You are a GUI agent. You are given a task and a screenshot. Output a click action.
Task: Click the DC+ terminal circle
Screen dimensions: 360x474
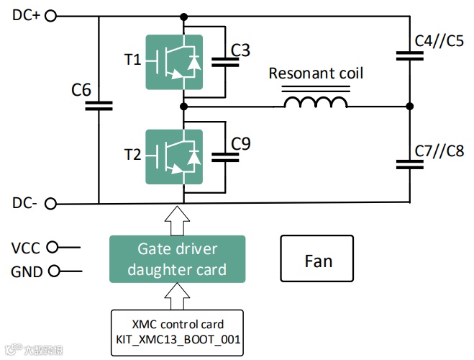click(x=50, y=16)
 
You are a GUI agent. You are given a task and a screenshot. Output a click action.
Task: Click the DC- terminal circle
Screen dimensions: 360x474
click(x=50, y=204)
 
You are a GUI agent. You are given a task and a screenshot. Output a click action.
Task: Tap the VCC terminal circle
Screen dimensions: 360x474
click(x=52, y=248)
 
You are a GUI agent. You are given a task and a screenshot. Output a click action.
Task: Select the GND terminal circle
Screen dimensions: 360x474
click(x=52, y=272)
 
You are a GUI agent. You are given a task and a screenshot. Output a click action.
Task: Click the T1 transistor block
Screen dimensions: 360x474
click(x=174, y=62)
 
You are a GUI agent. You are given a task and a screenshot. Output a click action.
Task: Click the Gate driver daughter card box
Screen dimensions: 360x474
click(x=177, y=259)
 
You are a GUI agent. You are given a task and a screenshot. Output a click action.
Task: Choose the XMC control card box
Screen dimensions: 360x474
click(x=177, y=332)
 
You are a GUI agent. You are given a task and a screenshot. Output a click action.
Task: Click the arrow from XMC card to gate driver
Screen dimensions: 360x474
click(x=177, y=296)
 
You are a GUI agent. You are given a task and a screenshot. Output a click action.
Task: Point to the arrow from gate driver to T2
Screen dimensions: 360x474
click(x=177, y=220)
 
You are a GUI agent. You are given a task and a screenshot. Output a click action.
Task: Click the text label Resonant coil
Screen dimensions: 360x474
click(x=316, y=73)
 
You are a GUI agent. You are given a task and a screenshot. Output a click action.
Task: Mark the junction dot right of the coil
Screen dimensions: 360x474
click(x=410, y=107)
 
